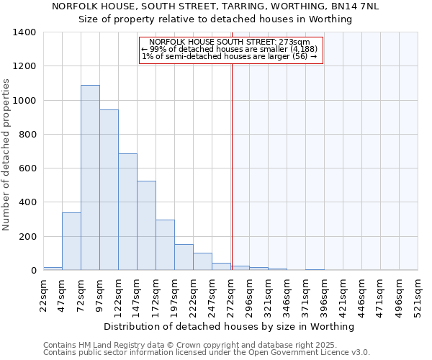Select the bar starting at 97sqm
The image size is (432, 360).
[109, 190]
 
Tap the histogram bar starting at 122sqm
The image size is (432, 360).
[127, 212]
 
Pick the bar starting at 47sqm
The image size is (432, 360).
[71, 241]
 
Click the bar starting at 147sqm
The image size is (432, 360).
[146, 225]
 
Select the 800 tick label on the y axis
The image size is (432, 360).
[27, 135]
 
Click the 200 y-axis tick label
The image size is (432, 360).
[27, 237]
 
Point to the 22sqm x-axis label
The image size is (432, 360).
[43, 295]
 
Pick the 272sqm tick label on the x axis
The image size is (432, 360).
[230, 295]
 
